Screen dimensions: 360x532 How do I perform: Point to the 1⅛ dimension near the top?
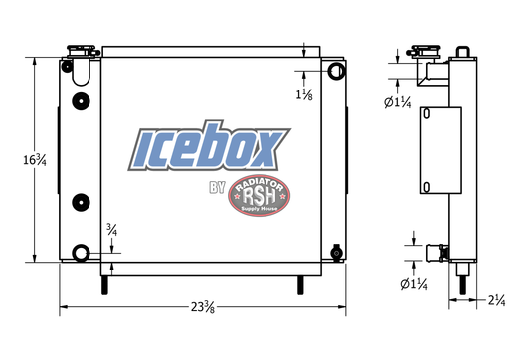pos(306,95)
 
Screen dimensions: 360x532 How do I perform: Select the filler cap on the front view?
pos(80,53)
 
